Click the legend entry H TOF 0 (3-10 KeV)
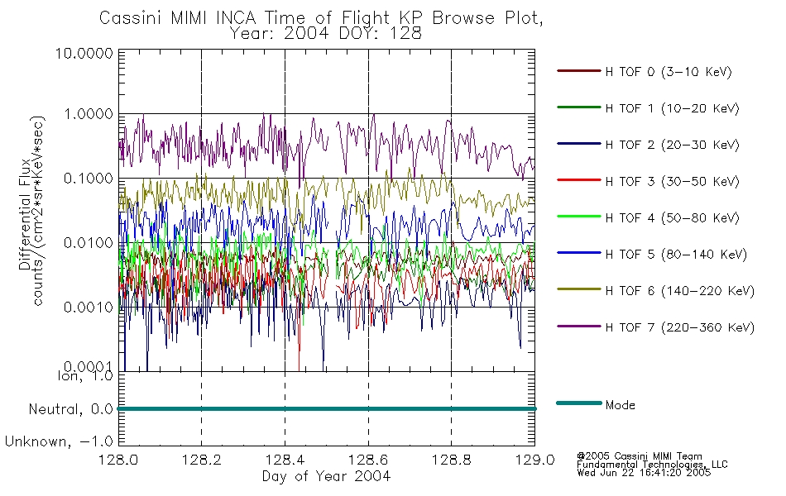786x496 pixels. [x=668, y=72]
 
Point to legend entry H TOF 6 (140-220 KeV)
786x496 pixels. [x=679, y=291]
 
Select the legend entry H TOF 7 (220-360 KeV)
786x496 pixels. [x=679, y=327]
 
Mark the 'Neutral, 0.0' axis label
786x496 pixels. [x=71, y=409]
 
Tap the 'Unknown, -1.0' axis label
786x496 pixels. [x=60, y=441]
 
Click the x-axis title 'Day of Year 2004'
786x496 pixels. [x=326, y=476]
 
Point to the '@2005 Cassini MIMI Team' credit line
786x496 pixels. [x=639, y=456]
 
